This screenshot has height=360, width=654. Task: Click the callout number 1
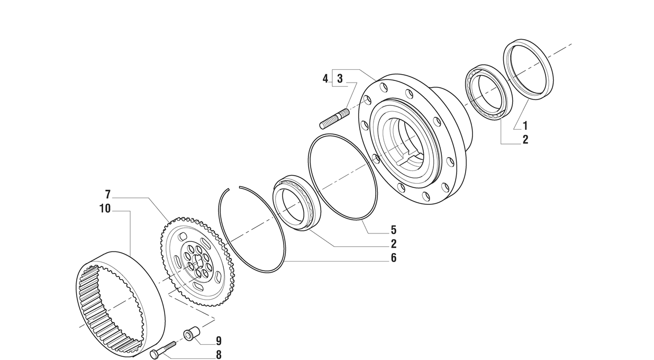[x=525, y=126]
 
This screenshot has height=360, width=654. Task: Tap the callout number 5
[x=394, y=230]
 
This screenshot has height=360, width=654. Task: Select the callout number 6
[x=394, y=258]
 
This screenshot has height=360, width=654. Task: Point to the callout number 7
[x=108, y=194]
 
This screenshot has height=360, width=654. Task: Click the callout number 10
[x=105, y=209]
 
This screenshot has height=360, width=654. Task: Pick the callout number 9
[x=219, y=341]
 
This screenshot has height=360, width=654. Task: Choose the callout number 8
[x=219, y=355]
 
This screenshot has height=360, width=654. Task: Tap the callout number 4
[x=325, y=78]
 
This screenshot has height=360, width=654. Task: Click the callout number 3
[x=340, y=78]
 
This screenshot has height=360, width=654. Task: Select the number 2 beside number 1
[x=525, y=140]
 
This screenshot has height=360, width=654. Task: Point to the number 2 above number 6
[x=394, y=244]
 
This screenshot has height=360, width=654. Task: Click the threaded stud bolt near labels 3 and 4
[x=334, y=119]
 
